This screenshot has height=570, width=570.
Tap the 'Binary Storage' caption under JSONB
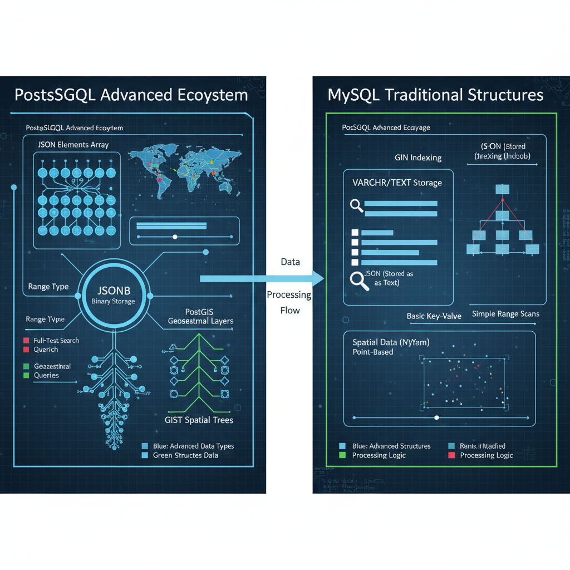(x=113, y=301)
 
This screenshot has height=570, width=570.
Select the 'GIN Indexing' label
(x=418, y=158)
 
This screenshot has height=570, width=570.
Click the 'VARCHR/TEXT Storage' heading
(x=397, y=182)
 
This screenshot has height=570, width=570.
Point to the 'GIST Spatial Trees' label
(x=199, y=420)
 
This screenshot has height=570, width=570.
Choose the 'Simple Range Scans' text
(x=505, y=314)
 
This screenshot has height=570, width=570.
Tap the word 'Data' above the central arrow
(x=290, y=262)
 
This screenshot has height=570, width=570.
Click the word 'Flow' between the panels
(x=290, y=311)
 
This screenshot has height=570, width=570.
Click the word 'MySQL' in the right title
(x=353, y=95)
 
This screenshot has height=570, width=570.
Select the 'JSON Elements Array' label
(x=73, y=145)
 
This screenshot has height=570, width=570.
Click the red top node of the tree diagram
(x=502, y=200)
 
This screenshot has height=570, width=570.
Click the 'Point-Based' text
(x=372, y=352)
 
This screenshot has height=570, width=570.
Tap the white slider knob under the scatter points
(x=436, y=417)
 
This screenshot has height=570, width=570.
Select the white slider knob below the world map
(x=175, y=237)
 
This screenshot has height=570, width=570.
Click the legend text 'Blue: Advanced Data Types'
(x=193, y=446)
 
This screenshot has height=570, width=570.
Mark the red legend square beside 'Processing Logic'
(x=450, y=455)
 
